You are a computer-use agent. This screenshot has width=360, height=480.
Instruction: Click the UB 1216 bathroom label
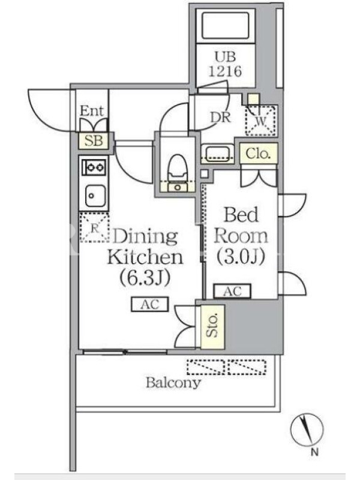coord(226,64)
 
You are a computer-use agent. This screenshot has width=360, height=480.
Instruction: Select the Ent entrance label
coord(92,110)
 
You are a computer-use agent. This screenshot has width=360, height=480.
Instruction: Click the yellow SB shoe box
coord(94,140)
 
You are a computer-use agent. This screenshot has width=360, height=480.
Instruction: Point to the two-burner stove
coord(94,167)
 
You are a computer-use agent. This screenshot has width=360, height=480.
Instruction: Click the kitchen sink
coord(95,196)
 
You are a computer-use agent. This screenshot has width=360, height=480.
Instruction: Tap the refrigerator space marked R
coord(95,227)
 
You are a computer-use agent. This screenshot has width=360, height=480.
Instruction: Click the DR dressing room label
coord(220,117)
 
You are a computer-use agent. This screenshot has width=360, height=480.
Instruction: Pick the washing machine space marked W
coord(261,120)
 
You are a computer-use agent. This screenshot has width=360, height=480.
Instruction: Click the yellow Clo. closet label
coord(259,153)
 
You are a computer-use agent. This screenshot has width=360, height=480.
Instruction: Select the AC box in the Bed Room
coord(232,291)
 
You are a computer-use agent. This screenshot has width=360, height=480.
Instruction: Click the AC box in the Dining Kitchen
coord(150,304)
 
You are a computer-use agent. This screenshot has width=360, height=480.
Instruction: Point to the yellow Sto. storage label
coord(213,326)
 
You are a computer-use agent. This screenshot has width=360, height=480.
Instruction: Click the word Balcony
coord(173,383)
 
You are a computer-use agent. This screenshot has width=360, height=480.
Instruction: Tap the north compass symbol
coord(307,429)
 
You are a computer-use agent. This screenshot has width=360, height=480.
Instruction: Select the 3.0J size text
coord(241,257)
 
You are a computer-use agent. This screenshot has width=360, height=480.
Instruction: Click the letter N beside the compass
coord(314,452)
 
